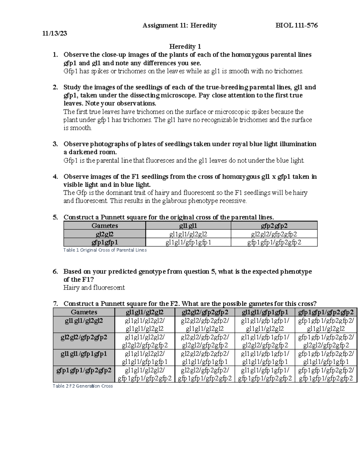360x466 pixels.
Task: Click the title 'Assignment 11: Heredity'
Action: point(179,26)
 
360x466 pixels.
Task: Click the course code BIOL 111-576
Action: point(296,26)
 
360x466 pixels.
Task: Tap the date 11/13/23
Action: point(55,33)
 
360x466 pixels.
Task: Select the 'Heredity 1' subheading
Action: point(185,47)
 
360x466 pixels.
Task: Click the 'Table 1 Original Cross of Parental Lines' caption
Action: point(105,250)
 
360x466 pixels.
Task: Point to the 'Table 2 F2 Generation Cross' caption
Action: point(82,386)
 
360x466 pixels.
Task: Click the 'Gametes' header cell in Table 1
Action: point(104,226)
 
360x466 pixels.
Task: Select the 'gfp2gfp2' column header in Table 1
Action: point(274,226)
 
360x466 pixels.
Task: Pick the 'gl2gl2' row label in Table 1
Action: point(104,234)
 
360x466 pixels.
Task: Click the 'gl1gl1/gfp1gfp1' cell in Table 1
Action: point(188,242)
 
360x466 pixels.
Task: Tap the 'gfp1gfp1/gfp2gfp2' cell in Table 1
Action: point(274,242)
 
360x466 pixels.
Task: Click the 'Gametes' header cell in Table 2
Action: point(84,312)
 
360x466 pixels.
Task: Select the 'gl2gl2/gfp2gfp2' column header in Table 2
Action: point(205,312)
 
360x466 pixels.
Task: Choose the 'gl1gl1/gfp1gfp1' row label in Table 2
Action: point(84,354)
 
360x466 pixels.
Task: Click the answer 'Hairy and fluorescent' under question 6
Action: point(94,288)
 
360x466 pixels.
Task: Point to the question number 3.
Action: point(55,144)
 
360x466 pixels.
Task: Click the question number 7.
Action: point(55,303)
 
